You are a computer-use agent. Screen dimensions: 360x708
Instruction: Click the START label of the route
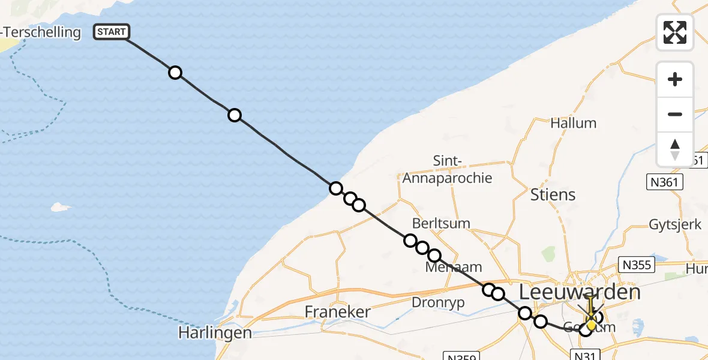[x=112, y=32]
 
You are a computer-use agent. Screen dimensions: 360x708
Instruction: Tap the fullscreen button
[x=675, y=32]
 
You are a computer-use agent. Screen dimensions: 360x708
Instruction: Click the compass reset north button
[x=675, y=149]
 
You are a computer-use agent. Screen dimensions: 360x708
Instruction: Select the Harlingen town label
[x=215, y=332]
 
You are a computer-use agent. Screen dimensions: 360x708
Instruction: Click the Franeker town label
[x=337, y=311]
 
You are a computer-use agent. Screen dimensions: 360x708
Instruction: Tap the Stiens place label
[x=553, y=194]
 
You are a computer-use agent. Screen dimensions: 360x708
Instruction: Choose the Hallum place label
[x=573, y=123]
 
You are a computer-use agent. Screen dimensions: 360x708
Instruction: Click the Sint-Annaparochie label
[x=447, y=170]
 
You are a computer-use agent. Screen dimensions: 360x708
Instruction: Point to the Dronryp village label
[x=438, y=303]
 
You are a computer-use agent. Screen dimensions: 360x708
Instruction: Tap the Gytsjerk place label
[x=675, y=225]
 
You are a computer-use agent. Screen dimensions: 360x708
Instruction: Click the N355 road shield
[x=636, y=265]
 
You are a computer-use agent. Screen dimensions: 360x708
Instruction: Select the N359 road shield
[x=462, y=356]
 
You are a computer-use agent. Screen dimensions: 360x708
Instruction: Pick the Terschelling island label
[x=41, y=32]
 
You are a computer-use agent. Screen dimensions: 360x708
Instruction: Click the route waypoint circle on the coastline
[x=336, y=188]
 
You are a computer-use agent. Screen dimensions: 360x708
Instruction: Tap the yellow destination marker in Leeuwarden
[x=591, y=324]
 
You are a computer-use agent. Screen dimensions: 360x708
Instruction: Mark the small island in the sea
[x=59, y=207]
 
